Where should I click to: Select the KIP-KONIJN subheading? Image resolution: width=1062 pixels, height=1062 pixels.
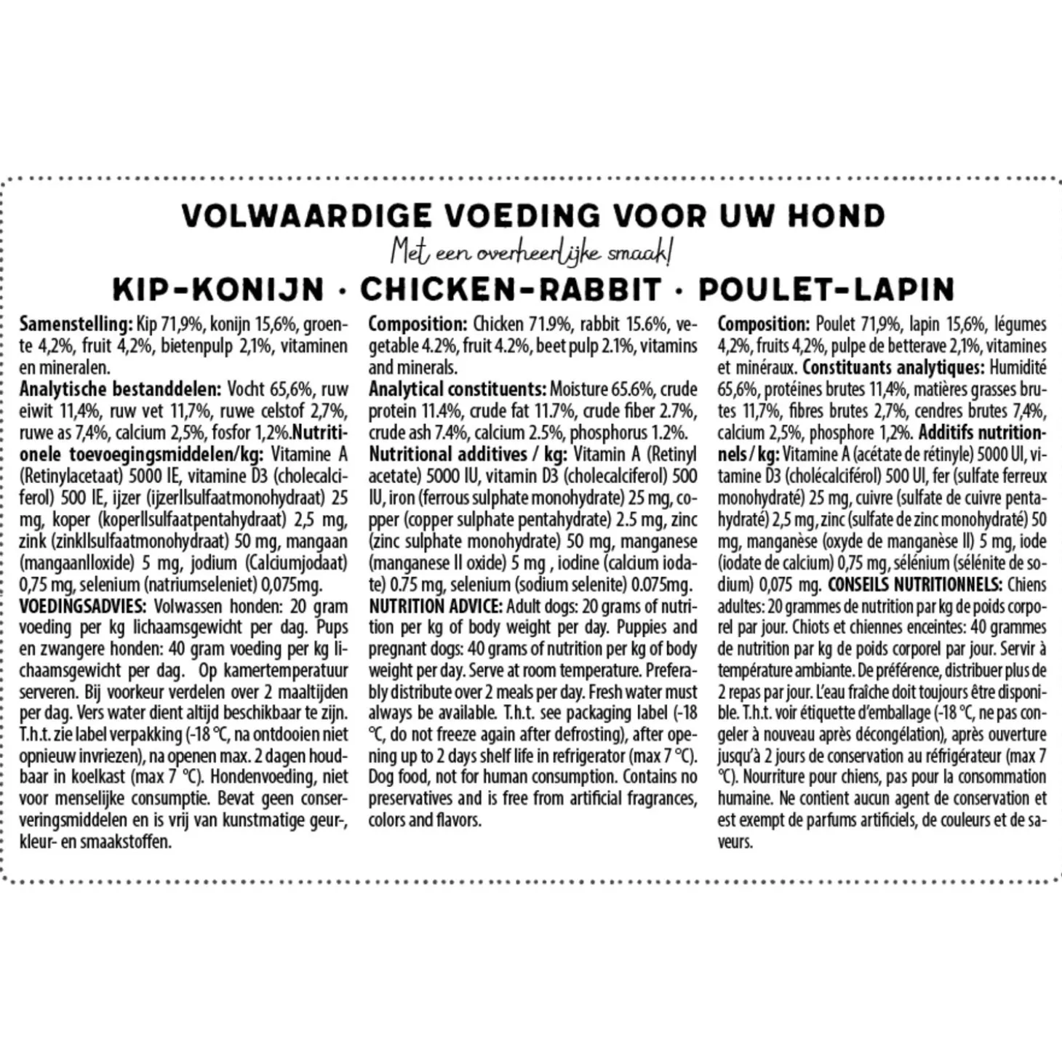[218, 290]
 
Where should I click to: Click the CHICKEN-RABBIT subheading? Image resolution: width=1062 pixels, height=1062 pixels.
[511, 290]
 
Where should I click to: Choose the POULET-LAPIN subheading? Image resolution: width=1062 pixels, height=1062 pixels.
[826, 290]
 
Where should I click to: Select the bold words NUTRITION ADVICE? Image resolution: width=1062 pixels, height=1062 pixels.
[435, 606]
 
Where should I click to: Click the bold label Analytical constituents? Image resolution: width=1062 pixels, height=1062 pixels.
[457, 389]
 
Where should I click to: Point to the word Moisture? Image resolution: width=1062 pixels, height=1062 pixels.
[582, 389]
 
